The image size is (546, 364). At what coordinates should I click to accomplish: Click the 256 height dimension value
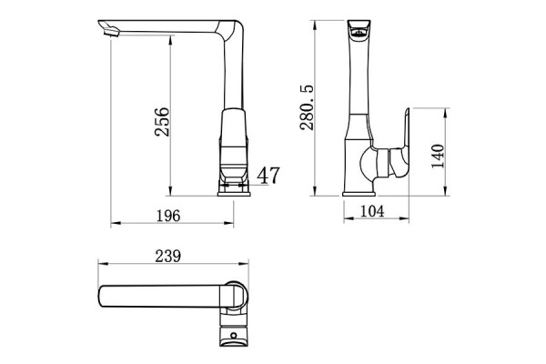[162, 118]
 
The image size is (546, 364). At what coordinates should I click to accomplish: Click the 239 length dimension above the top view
[168, 256]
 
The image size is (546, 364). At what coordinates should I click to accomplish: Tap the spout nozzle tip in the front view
[107, 31]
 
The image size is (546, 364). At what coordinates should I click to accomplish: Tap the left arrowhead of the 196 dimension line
[113, 224]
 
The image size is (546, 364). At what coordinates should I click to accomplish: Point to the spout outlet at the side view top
[360, 33]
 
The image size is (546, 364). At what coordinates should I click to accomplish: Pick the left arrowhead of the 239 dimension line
[101, 265]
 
